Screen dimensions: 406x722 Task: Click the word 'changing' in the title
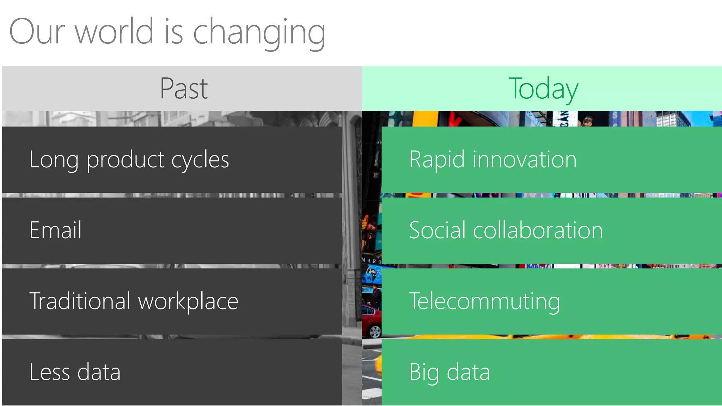pos(259,33)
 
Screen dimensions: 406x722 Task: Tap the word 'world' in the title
pos(114,32)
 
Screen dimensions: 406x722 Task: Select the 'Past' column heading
pos(184,88)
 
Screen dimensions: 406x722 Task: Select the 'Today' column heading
pos(543,89)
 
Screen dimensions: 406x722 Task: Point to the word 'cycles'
pos(200,160)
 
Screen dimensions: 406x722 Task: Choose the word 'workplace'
pos(188,302)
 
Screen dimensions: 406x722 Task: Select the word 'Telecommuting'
pos(484,302)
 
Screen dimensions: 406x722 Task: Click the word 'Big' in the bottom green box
pos(424,373)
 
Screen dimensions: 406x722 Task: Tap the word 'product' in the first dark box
pos(126,160)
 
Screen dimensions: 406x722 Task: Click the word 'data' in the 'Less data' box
pos(99,372)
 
